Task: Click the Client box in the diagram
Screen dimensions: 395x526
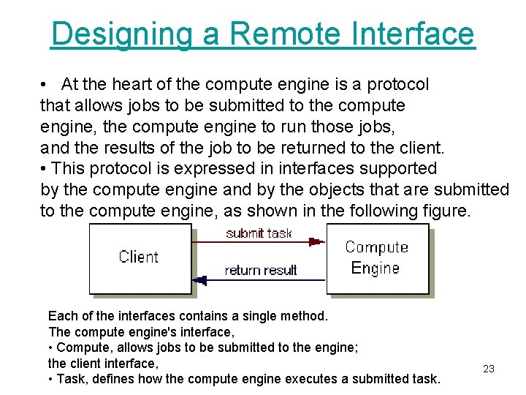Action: tap(139, 257)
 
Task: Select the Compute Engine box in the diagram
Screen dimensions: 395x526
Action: tap(376, 257)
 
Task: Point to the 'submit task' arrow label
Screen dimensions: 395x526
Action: tap(259, 233)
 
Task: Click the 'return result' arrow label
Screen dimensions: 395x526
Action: tap(260, 270)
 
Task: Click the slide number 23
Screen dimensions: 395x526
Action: tap(489, 369)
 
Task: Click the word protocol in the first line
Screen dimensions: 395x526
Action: tap(397, 85)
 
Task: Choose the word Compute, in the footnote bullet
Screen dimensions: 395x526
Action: tap(81, 347)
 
